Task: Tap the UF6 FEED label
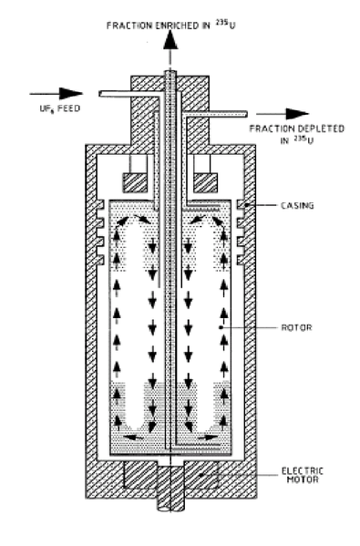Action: click(x=60, y=108)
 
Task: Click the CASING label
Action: click(x=297, y=205)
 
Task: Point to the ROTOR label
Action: click(x=296, y=327)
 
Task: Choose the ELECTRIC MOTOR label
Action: click(x=303, y=475)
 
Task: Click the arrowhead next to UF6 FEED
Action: click(x=71, y=93)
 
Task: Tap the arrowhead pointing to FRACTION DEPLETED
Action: click(x=297, y=114)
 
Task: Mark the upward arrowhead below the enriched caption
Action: click(x=170, y=40)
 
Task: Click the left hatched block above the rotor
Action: click(x=135, y=183)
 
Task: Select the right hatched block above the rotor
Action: click(x=205, y=183)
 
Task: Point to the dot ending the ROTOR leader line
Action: click(x=221, y=327)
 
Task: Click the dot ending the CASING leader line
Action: click(x=246, y=205)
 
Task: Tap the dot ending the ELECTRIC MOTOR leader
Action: click(x=201, y=475)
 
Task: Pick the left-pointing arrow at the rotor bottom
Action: click(x=134, y=437)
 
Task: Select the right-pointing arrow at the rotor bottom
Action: click(x=208, y=437)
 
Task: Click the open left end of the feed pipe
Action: click(x=100, y=94)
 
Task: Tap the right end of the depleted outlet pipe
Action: click(x=246, y=114)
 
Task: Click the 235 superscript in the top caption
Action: click(x=222, y=23)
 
